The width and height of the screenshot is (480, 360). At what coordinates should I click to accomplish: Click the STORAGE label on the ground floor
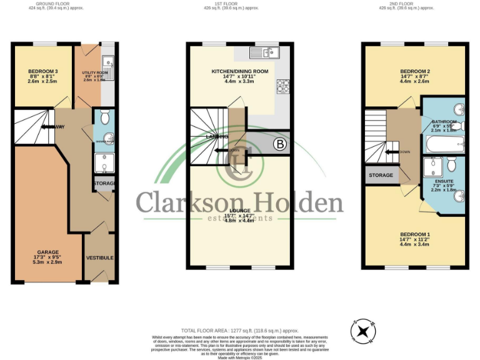pos(104,184)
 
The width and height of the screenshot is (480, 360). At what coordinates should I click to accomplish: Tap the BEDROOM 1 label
pos(415,234)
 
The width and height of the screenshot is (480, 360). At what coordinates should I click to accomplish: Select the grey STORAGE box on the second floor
pos(381,175)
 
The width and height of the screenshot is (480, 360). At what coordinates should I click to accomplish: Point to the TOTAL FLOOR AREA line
pos(240,330)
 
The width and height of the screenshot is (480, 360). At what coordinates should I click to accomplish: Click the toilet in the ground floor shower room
pos(104,117)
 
